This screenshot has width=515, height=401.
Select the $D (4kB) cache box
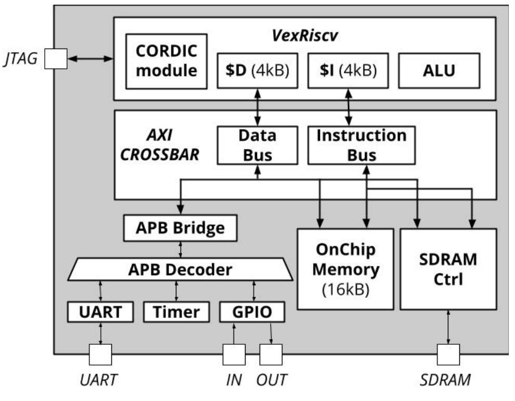(257, 70)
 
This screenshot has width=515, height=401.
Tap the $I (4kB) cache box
(347, 70)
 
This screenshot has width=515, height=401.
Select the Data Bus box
(257, 145)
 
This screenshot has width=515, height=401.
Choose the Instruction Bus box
(362, 145)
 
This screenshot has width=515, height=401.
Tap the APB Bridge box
(180, 228)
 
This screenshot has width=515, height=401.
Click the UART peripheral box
(100, 311)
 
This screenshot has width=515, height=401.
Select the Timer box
(176, 311)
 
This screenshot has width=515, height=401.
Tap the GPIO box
(253, 311)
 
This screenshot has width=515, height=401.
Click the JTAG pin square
(56, 59)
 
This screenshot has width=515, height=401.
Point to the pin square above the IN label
(234, 355)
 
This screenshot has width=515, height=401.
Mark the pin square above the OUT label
(271, 355)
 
